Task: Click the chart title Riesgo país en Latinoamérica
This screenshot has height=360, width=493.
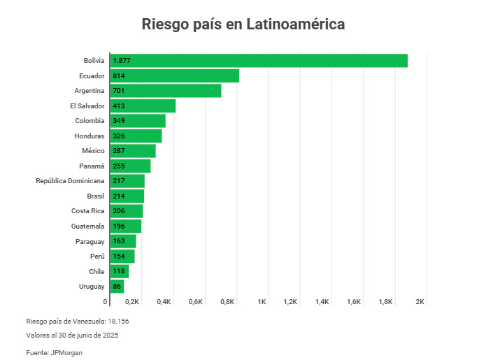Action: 243,24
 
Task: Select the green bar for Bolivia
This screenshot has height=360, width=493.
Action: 259,61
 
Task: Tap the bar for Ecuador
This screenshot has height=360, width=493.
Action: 174,75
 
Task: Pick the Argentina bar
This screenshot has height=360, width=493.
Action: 165,91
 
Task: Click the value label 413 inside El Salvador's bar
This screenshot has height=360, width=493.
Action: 119,106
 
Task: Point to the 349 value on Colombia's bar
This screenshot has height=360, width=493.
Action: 119,121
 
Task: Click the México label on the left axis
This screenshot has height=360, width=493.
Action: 93,151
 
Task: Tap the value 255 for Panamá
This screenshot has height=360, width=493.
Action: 119,166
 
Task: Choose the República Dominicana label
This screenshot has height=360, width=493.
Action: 70,181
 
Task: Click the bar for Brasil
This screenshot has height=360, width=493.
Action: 127,196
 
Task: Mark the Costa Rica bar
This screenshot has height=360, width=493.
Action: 126,211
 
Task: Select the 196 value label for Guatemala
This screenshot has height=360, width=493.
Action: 119,226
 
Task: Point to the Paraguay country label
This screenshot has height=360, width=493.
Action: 90,241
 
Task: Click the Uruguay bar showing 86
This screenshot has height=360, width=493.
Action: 116,286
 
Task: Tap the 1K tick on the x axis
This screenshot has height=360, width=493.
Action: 262,302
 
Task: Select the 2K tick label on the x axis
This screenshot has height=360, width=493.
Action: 420,302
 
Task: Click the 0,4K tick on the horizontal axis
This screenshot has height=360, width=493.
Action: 164,302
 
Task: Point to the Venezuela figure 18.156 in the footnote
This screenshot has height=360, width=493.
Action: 118,321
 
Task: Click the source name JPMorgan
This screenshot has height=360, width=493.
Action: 66,353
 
